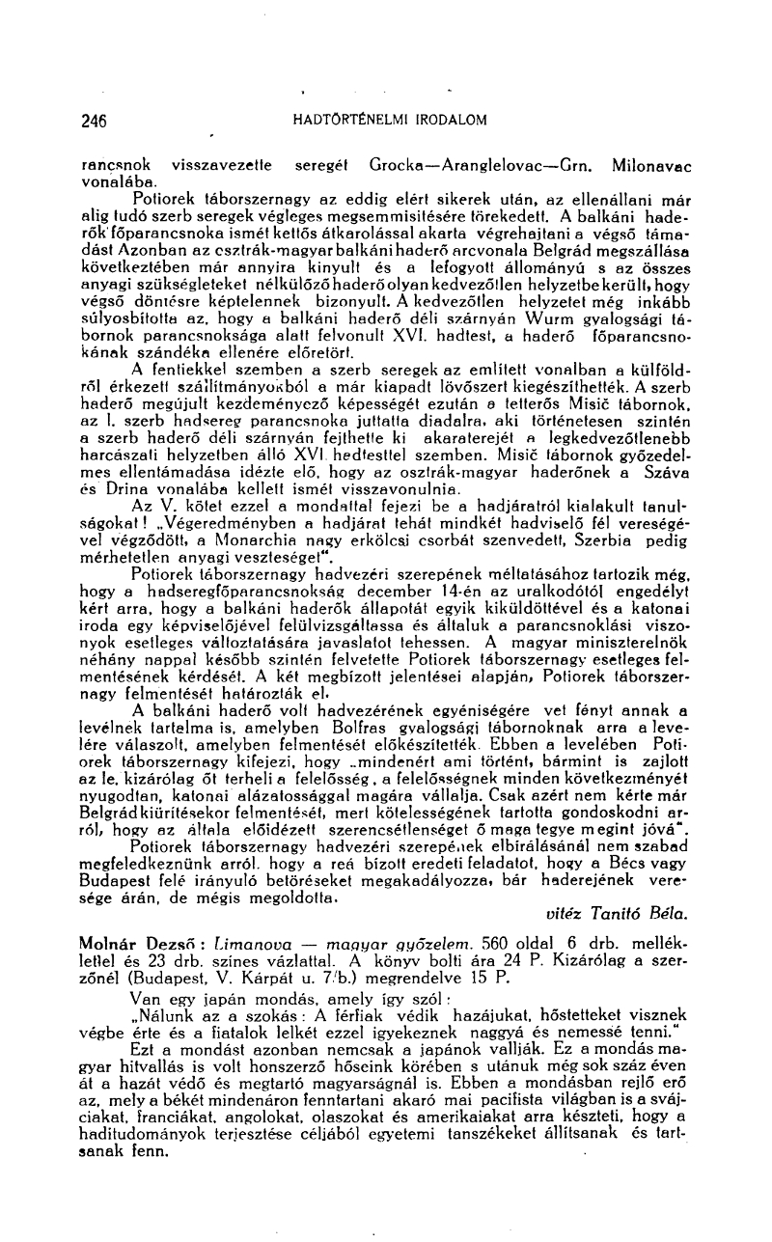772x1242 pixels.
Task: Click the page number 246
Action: pos(94,120)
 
